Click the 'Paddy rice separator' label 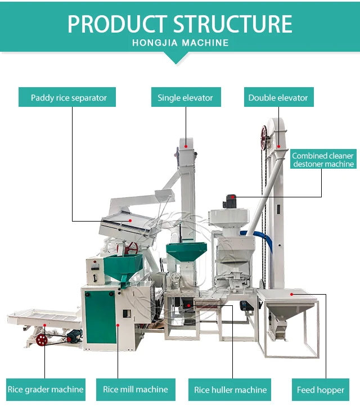tap(69, 97)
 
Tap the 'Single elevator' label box tap(185, 97)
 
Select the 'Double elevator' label tap(278, 97)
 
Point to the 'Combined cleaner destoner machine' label tap(323, 160)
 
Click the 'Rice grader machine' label tap(45, 389)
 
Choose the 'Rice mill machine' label tap(135, 389)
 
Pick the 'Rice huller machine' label tap(230, 389)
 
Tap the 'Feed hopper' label tap(321, 389)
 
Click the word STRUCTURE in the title tap(232, 24)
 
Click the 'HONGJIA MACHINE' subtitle tap(180, 43)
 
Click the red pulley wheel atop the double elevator tap(264, 136)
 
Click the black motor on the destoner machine tap(231, 200)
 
